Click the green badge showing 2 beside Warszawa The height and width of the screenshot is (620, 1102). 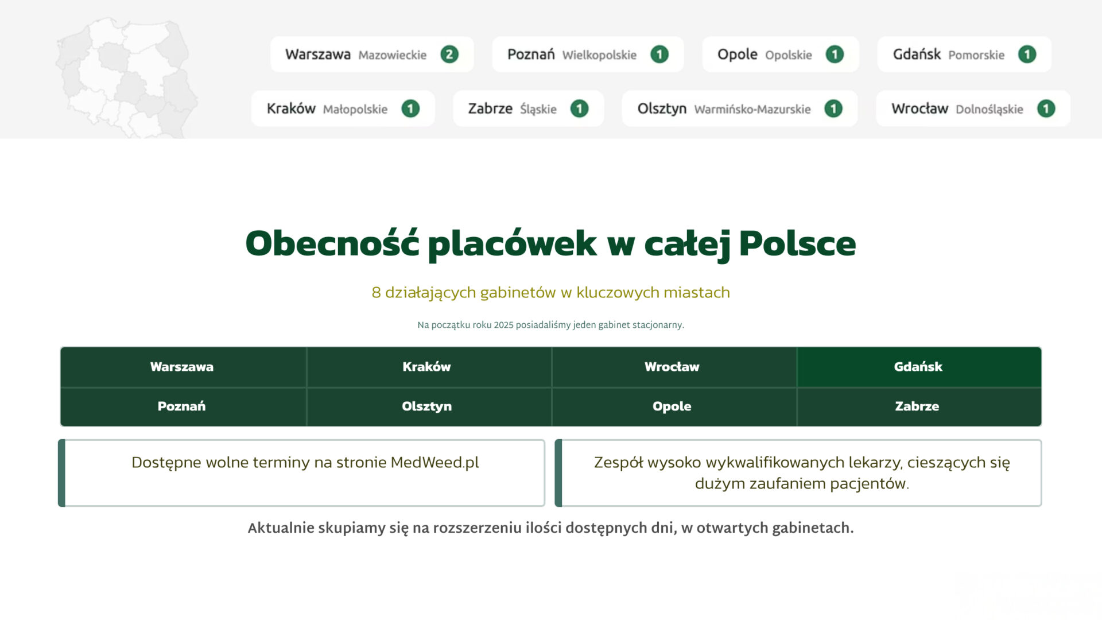(x=449, y=55)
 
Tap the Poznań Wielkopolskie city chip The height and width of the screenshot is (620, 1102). (x=588, y=55)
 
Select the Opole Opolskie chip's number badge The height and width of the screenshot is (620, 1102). (x=835, y=55)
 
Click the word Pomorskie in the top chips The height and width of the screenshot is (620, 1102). (x=976, y=55)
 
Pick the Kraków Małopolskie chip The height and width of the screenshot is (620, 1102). (x=343, y=108)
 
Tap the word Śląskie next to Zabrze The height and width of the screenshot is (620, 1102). (x=538, y=109)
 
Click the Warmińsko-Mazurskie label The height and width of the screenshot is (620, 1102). (x=752, y=109)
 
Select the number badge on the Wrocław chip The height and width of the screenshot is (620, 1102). (x=1046, y=108)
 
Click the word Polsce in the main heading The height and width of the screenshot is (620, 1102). (x=797, y=243)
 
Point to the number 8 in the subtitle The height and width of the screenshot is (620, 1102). (x=376, y=293)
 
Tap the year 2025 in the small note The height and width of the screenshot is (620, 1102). (x=503, y=325)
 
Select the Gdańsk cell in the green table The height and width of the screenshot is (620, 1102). (x=919, y=367)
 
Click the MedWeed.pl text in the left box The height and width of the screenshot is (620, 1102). (x=434, y=463)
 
